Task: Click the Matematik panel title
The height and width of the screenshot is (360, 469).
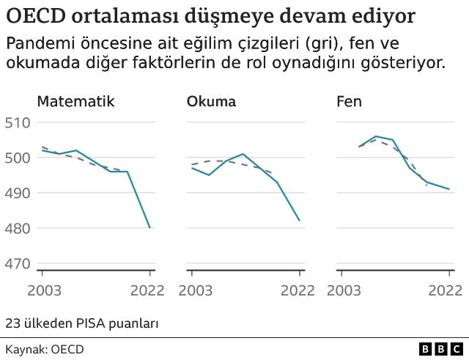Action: click(75, 102)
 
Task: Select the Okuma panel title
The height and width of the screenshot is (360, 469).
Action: click(212, 102)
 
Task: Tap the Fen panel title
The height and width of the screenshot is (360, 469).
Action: click(349, 102)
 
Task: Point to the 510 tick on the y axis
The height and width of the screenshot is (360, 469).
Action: click(17, 122)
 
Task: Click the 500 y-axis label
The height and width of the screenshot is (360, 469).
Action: click(17, 158)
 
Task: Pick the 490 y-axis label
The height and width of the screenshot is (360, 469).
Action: click(17, 193)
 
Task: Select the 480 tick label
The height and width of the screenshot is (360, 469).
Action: click(17, 228)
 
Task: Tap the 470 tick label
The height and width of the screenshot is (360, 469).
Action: click(17, 263)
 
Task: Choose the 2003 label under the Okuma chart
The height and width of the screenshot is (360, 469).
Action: click(195, 290)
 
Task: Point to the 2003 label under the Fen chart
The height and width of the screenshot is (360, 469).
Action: click(344, 290)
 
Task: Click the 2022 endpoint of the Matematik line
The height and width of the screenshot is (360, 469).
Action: click(149, 227)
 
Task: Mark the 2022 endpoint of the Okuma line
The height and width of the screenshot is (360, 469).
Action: click(299, 220)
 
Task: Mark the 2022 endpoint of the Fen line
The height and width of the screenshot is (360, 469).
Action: click(448, 189)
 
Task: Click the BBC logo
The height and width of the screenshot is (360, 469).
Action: click(442, 349)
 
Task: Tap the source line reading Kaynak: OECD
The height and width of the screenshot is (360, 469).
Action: click(45, 349)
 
